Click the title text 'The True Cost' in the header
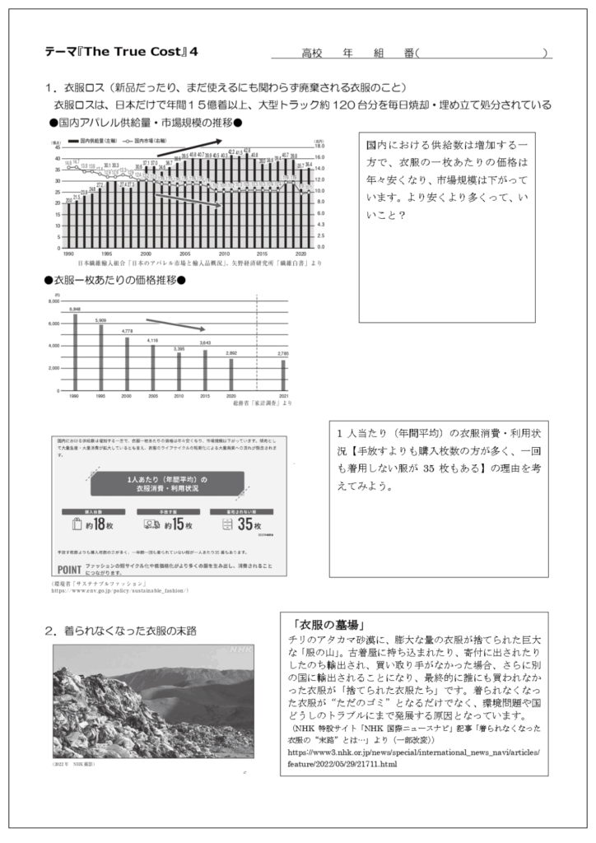(142, 51)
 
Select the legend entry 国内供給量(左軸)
(97, 142)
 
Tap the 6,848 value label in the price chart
(75, 309)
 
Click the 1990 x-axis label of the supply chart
(68, 253)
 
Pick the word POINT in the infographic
(70, 569)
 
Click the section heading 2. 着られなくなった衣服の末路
(125, 631)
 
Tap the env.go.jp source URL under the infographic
(120, 590)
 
